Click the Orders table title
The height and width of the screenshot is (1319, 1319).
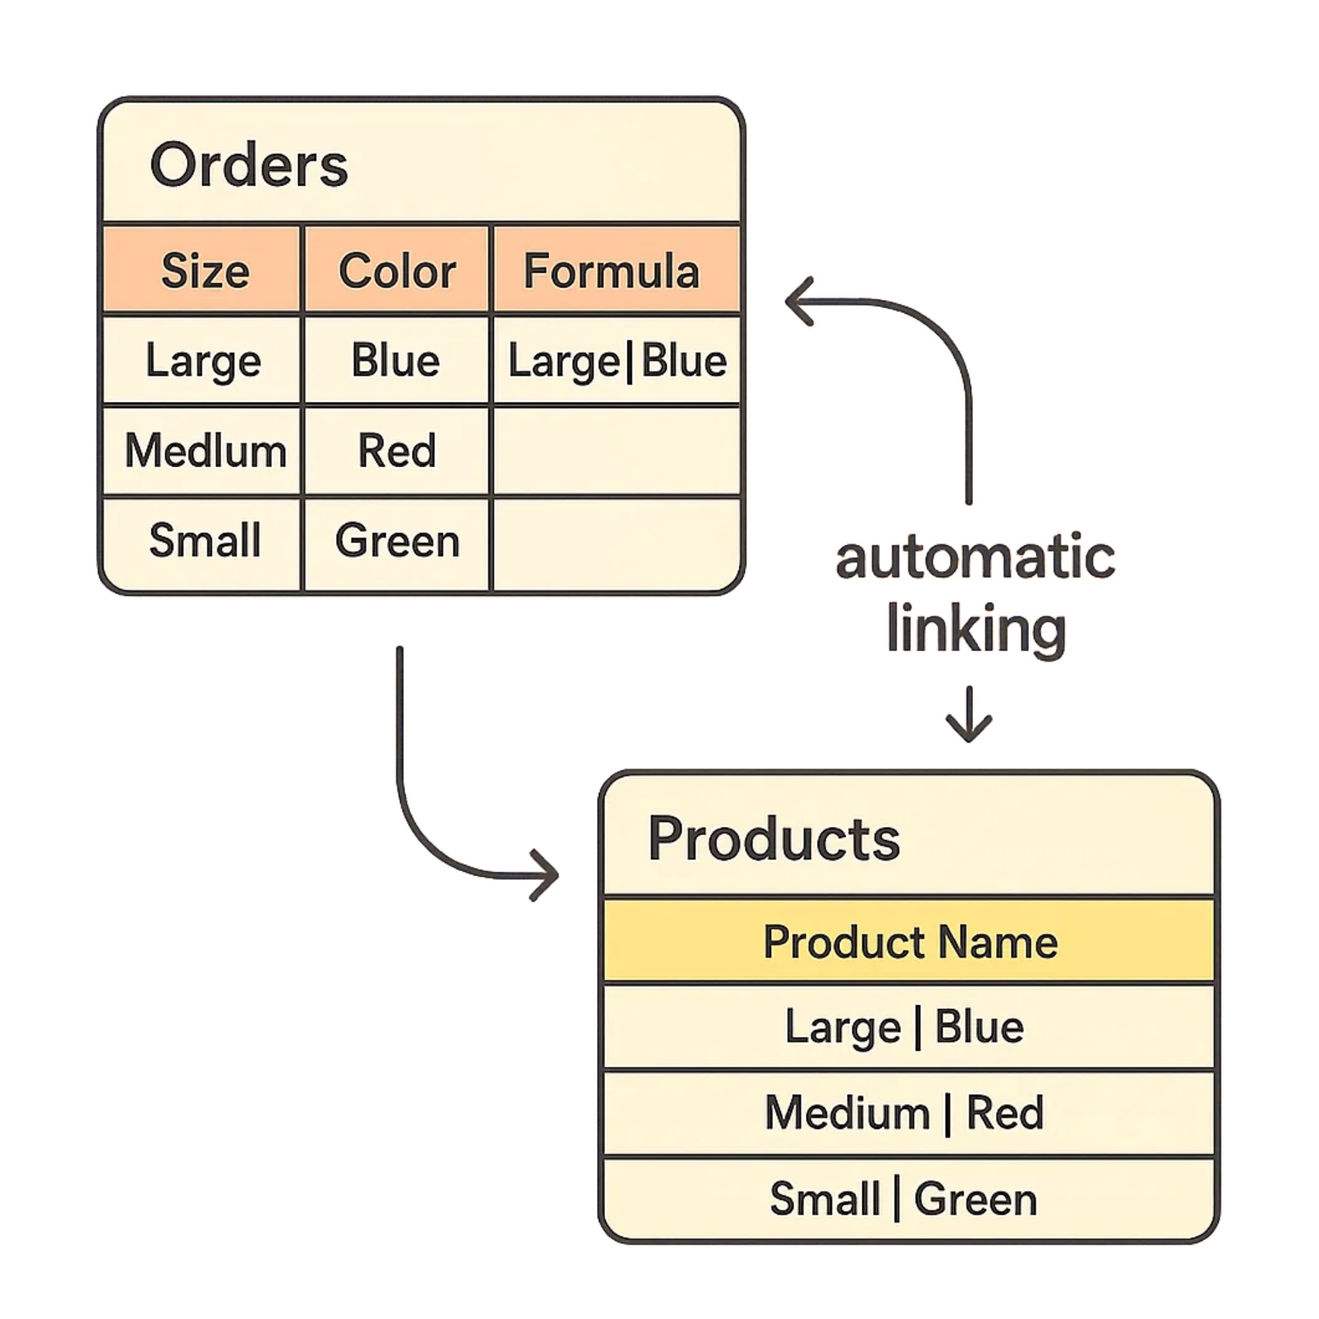(249, 165)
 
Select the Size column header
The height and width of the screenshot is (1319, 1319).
(205, 271)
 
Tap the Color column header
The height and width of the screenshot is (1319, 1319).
(397, 271)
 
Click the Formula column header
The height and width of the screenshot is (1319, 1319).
(611, 271)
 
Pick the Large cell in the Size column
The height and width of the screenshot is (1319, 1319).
(203, 361)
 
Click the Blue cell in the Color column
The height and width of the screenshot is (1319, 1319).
(396, 361)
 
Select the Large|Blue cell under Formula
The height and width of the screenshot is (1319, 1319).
(617, 361)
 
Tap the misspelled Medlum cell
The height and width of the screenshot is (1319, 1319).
(205, 450)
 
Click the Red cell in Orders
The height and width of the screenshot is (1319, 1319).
(397, 450)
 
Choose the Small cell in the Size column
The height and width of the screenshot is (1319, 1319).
(205, 540)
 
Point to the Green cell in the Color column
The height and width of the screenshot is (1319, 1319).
(397, 540)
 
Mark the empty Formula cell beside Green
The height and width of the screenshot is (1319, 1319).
(617, 543)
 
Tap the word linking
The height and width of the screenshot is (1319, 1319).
(976, 630)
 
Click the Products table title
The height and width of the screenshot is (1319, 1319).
(773, 838)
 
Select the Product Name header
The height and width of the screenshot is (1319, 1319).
(910, 942)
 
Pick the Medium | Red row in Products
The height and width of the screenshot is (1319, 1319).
(904, 1113)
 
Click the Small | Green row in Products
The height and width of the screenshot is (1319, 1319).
(903, 1199)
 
